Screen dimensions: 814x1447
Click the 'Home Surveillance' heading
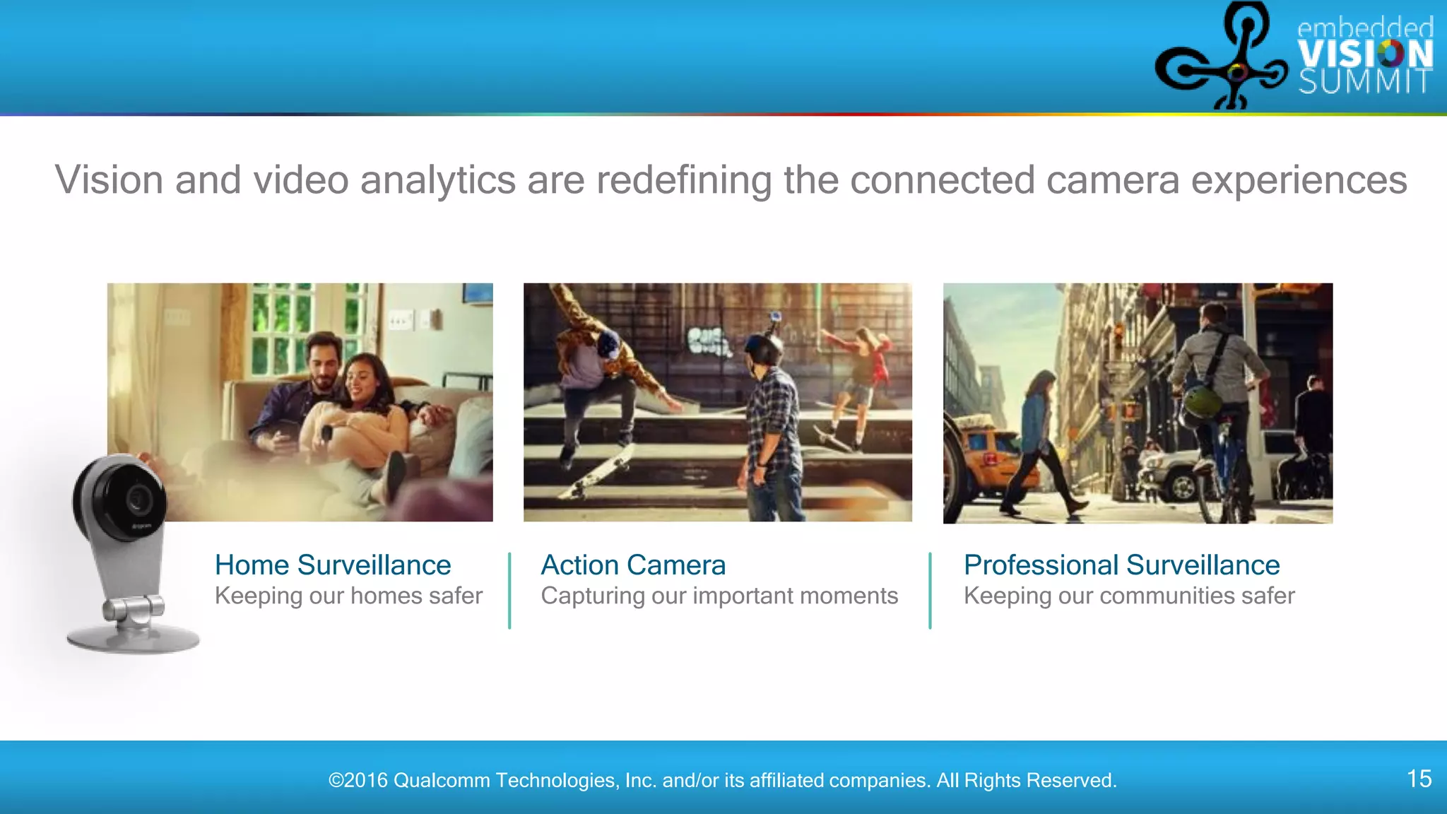coord(333,565)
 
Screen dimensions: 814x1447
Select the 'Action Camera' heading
coord(633,565)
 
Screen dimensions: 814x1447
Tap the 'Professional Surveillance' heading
coord(1121,565)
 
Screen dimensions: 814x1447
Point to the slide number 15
coord(1419,779)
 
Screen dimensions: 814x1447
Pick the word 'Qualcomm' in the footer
coord(442,780)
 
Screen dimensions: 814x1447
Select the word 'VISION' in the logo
coord(1365,54)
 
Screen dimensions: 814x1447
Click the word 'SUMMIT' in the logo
coord(1365,83)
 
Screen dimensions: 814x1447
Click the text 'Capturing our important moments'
coord(719,596)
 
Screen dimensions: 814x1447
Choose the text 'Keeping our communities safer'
coord(1129,596)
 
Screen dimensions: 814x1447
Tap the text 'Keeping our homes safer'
coord(348,596)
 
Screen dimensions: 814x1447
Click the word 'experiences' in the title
coord(1299,180)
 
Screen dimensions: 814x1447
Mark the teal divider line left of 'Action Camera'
coord(509,591)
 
